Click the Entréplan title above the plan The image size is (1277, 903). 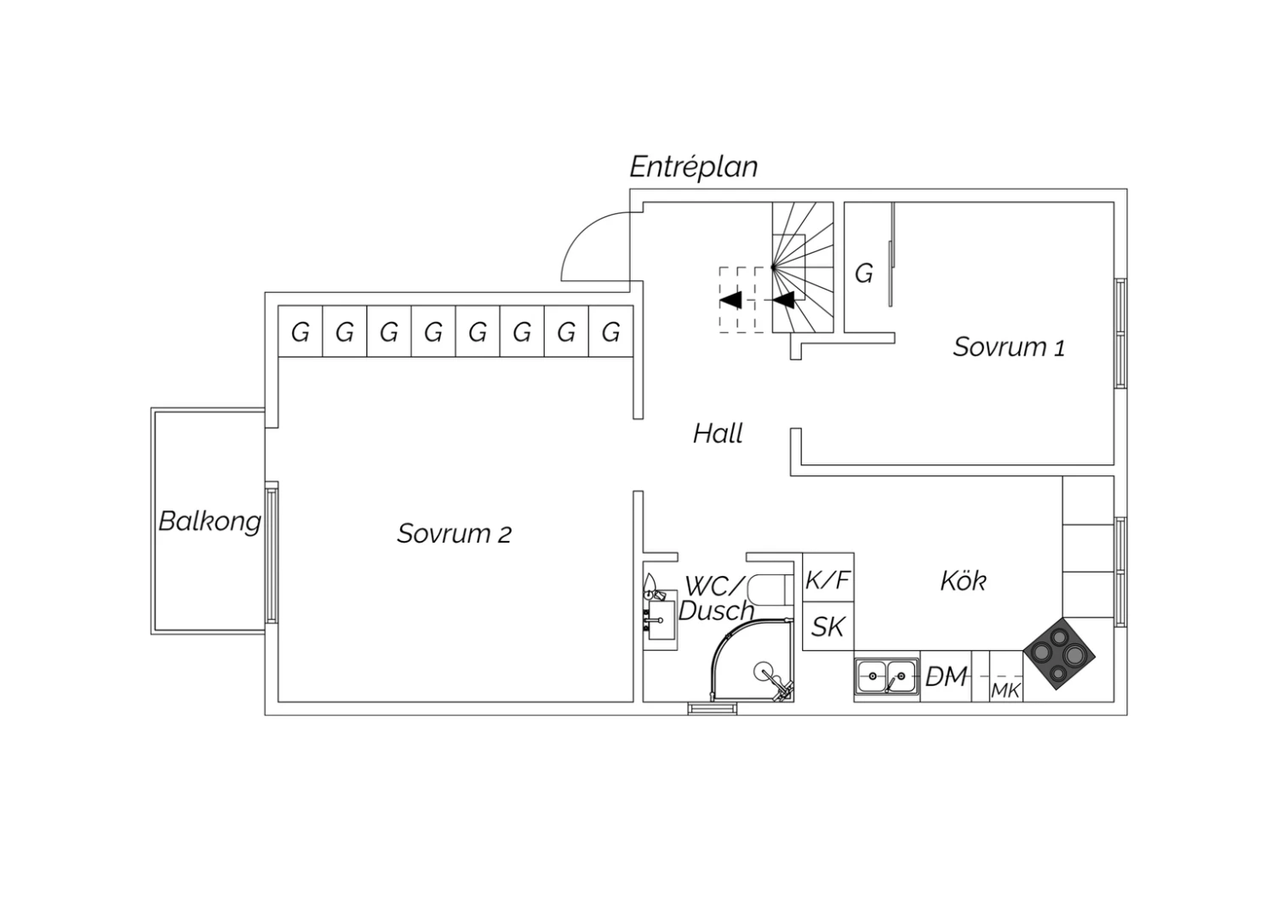(694, 167)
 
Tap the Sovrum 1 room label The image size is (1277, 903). (1009, 347)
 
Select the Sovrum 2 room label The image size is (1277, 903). (455, 534)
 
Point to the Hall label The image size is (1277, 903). (718, 434)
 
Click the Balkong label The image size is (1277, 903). (209, 521)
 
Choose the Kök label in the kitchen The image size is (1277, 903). (963, 581)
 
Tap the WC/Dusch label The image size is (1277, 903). (716, 598)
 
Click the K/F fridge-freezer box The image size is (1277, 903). (828, 578)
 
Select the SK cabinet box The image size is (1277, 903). (828, 626)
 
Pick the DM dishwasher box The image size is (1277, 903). (946, 676)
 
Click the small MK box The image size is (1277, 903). (1006, 676)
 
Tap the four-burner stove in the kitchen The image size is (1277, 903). (1059, 653)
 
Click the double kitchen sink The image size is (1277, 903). (887, 676)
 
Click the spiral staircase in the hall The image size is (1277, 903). (803, 267)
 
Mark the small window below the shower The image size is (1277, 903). (712, 709)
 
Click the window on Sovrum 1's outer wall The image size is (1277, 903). (1121, 333)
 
